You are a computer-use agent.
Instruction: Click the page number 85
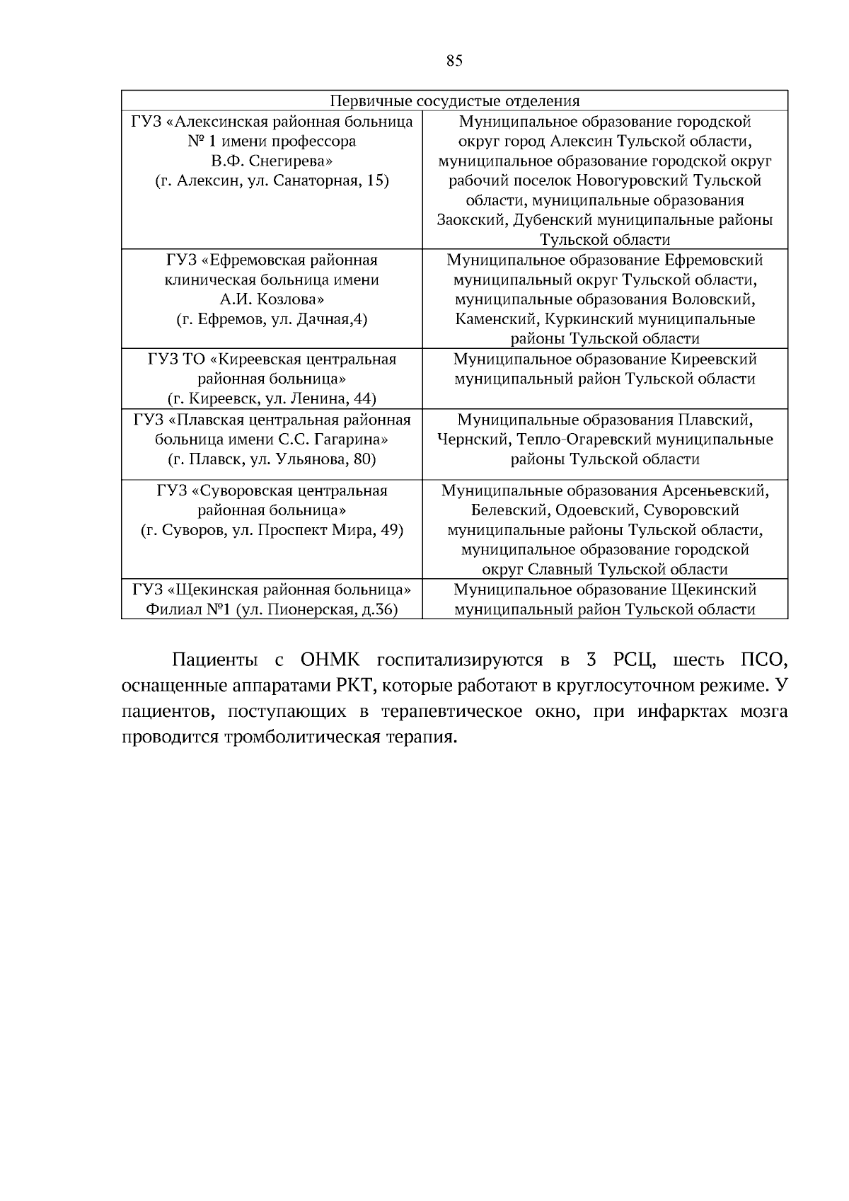pos(454,61)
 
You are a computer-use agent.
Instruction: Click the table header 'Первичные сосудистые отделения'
pos(454,101)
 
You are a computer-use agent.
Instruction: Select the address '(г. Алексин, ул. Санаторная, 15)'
pos(272,180)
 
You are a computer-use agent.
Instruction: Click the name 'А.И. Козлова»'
pos(272,299)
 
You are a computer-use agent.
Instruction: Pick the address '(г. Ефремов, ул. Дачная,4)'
pos(272,319)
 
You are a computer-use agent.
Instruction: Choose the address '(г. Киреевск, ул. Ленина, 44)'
pos(272,398)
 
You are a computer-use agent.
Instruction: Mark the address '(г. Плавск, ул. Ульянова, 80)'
pos(272,459)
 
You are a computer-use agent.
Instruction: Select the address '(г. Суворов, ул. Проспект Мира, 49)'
pos(272,530)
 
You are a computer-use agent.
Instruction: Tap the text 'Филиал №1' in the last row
pos(189,609)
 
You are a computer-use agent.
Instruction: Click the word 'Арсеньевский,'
pos(715,490)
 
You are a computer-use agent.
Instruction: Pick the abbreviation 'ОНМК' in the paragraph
pos(330,660)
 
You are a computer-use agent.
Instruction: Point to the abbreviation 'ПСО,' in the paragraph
pos(763,660)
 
